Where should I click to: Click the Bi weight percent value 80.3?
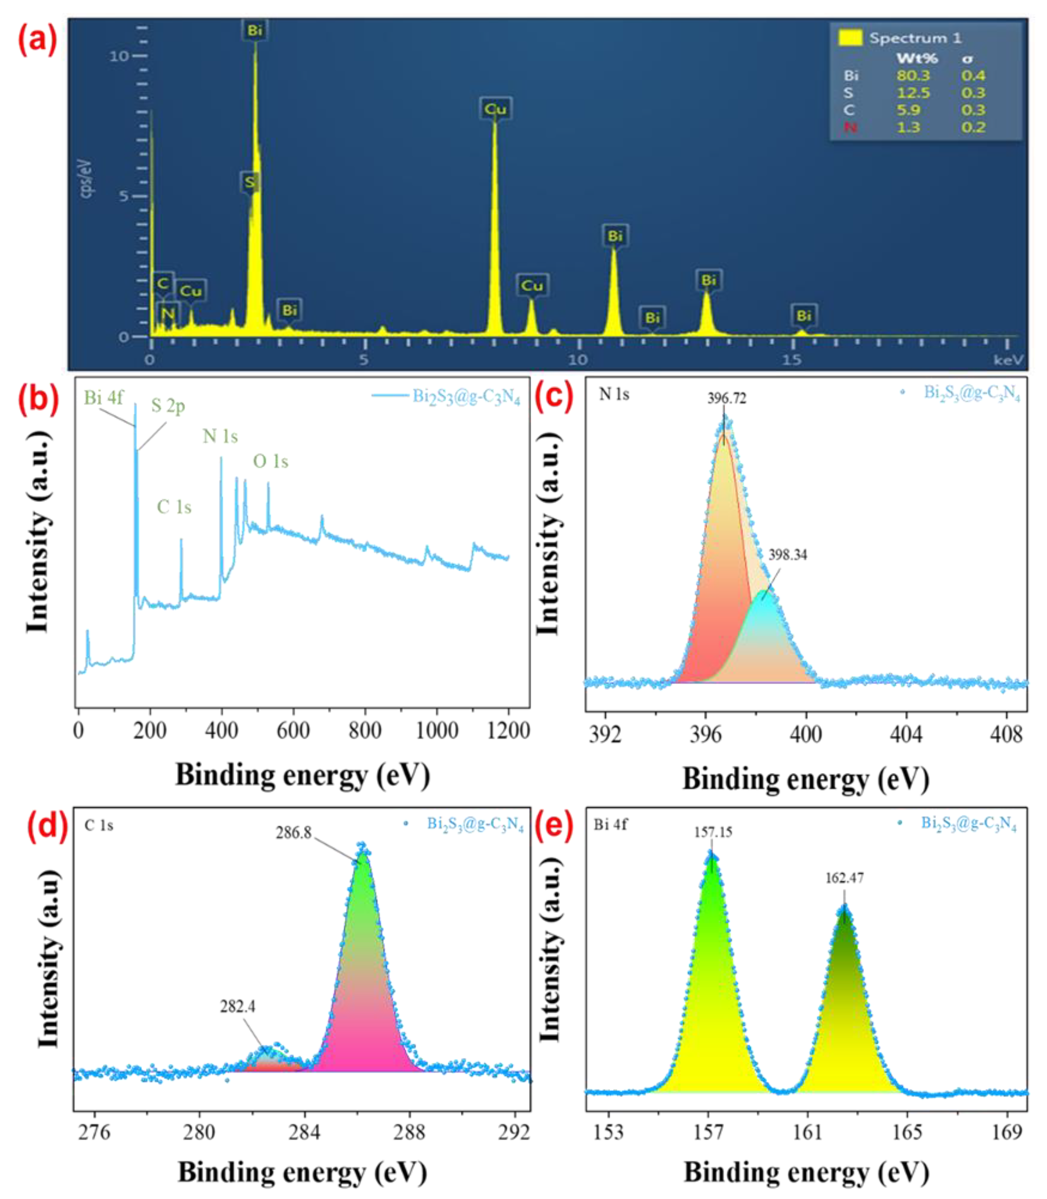(x=913, y=75)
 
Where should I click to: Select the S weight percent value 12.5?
(x=913, y=93)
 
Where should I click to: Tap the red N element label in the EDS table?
(x=850, y=127)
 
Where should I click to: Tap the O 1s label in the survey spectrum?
(x=271, y=461)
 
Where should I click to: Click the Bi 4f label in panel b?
(x=103, y=398)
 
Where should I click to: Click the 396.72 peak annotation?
(x=726, y=398)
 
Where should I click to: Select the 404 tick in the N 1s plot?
(x=906, y=734)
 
